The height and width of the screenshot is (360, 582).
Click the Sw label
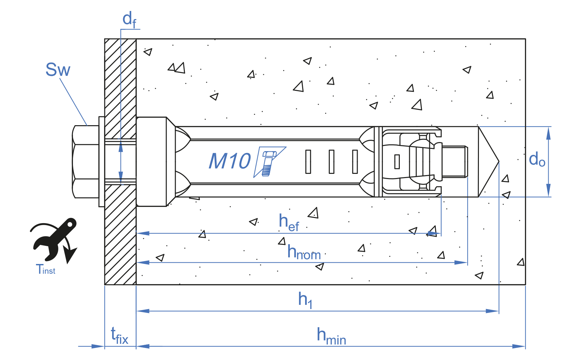58,69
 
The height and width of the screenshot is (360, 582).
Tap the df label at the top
129,19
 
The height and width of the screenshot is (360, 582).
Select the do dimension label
537,159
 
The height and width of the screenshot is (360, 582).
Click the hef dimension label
289,222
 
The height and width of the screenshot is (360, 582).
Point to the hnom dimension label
304,252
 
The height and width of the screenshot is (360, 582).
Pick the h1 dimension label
305,300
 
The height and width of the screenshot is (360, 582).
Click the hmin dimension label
331,336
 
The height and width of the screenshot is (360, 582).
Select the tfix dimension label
120,335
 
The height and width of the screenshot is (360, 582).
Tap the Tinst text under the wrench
45,269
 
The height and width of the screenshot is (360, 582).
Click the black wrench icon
54,240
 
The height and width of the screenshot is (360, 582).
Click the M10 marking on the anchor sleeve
230,161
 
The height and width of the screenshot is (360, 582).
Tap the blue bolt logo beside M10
269,162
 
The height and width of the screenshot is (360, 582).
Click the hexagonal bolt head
86,162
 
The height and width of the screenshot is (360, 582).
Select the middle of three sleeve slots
331,162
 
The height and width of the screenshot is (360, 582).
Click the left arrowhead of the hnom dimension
143,262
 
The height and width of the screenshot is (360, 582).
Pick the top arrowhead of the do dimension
548,133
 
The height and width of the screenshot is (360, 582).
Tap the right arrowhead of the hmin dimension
519,346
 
